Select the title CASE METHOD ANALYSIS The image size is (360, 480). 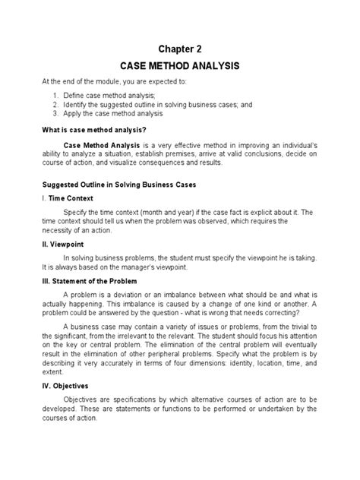click(179, 68)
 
